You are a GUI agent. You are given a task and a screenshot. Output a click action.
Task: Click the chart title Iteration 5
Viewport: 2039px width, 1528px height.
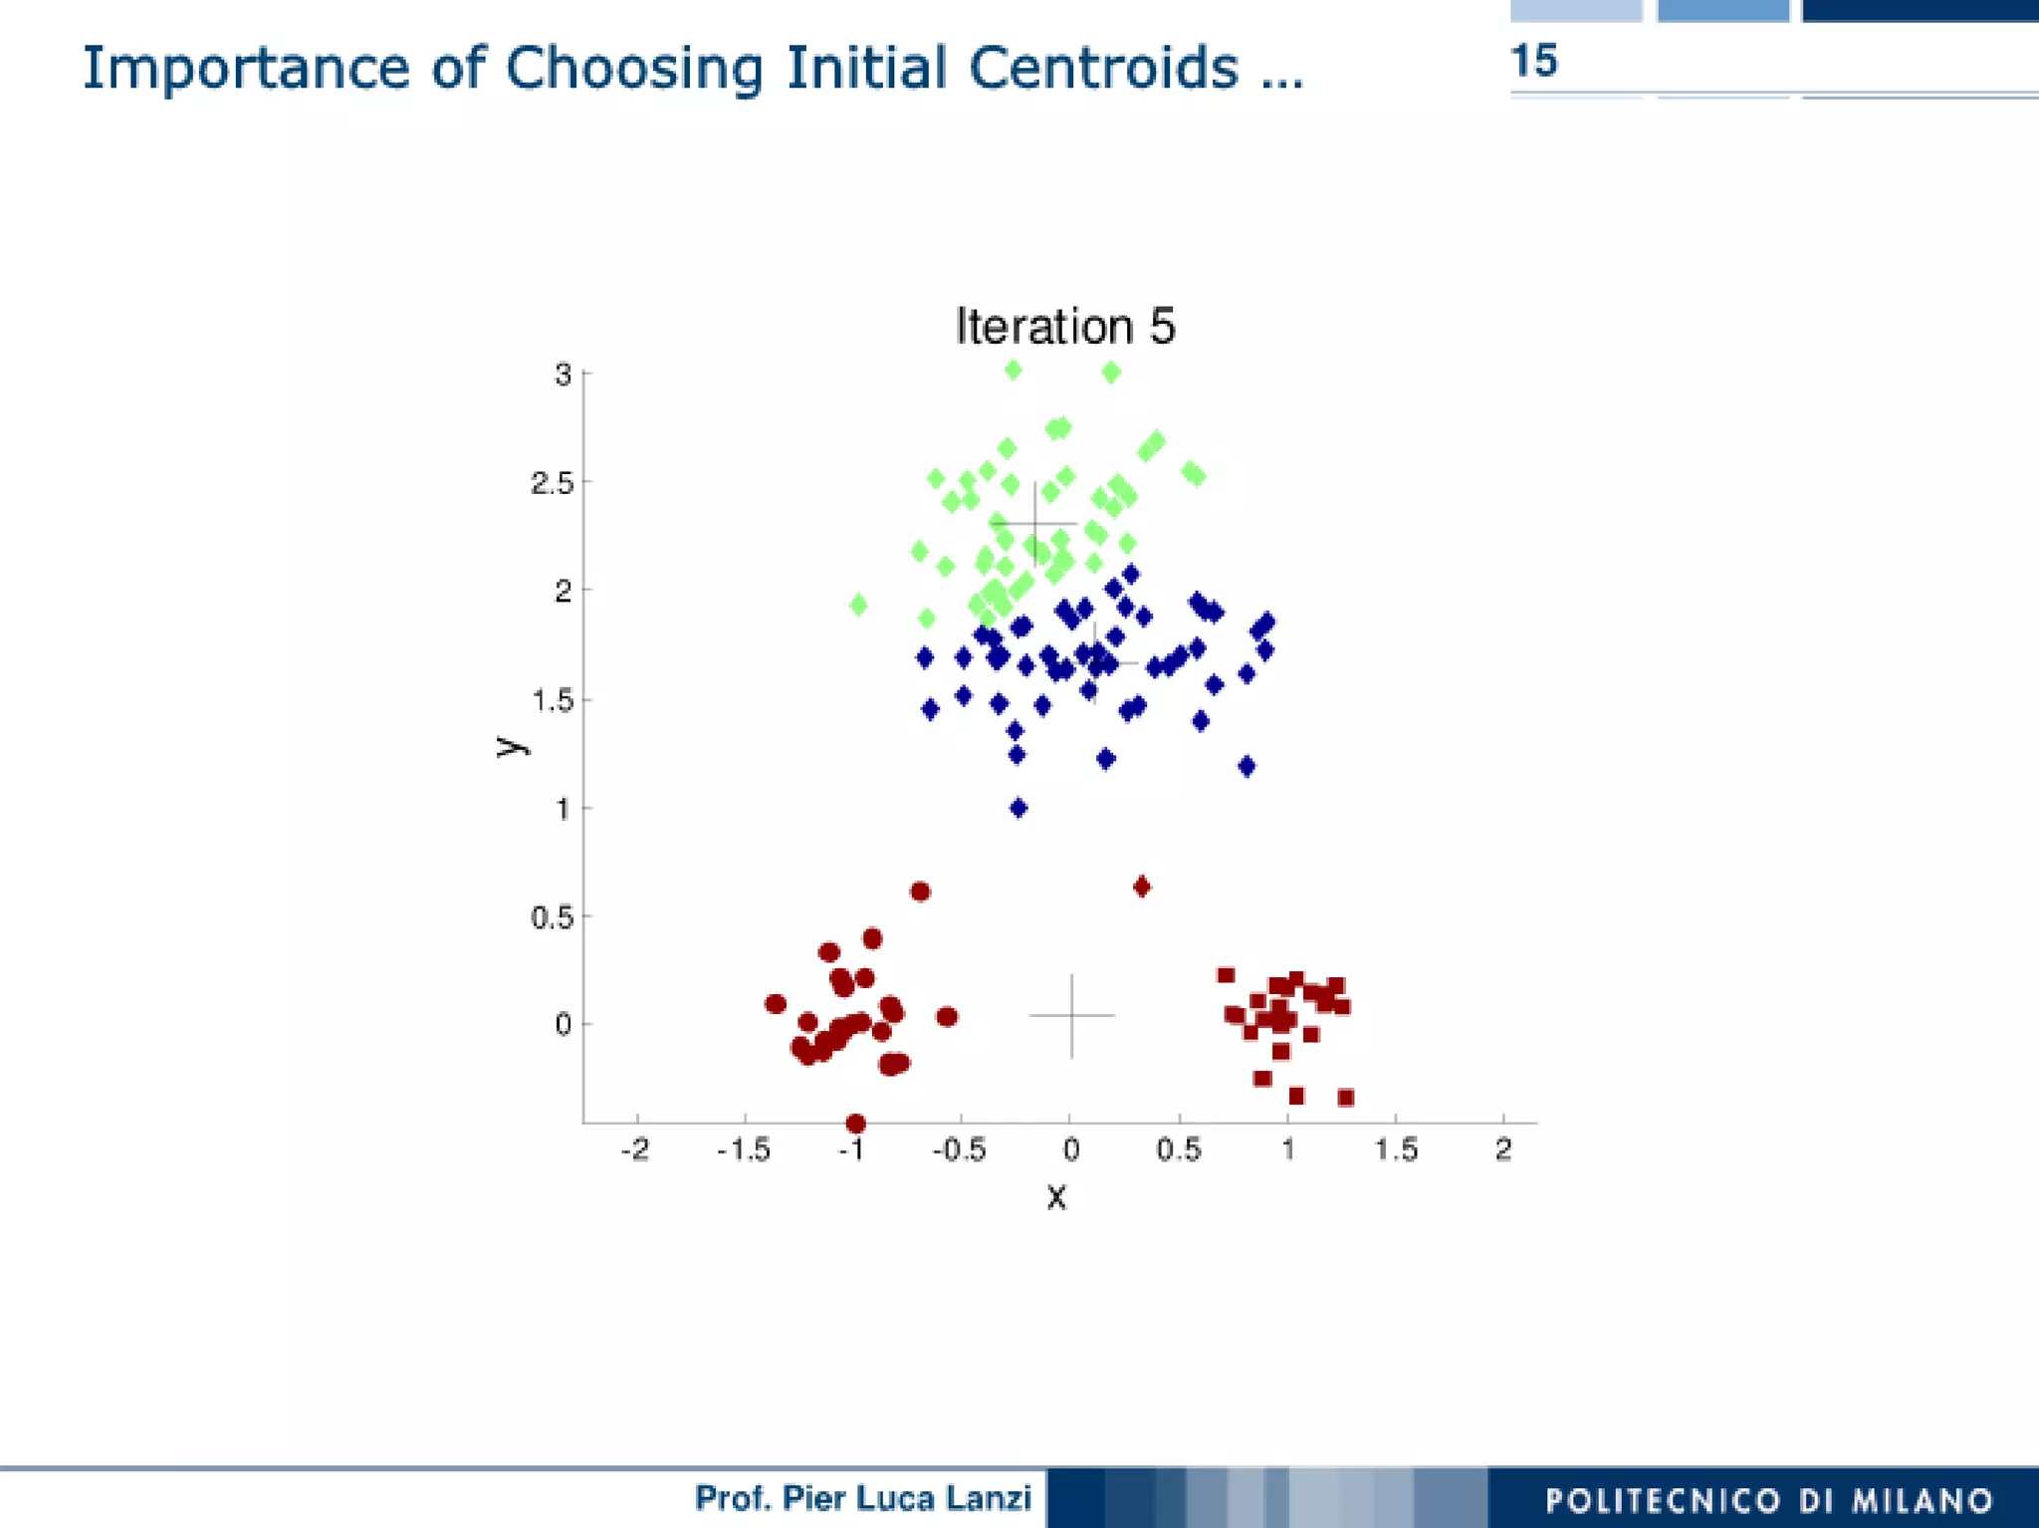point(1064,327)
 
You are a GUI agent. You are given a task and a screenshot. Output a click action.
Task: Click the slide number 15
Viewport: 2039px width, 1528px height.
point(1533,62)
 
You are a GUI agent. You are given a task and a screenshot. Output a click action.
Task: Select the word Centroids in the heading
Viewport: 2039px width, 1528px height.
point(1103,69)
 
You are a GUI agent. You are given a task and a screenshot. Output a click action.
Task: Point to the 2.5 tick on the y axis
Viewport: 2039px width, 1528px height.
point(553,483)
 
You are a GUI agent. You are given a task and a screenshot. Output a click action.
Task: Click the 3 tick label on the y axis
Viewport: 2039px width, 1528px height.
point(564,376)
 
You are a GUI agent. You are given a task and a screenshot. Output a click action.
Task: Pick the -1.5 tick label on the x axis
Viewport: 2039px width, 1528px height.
point(744,1150)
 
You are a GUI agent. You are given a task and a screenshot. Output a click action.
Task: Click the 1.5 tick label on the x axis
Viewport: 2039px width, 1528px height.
point(1395,1150)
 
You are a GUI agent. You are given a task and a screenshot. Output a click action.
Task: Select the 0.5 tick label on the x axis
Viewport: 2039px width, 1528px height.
point(1178,1150)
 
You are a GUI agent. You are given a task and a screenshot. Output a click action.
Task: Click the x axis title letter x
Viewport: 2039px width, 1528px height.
point(1056,1196)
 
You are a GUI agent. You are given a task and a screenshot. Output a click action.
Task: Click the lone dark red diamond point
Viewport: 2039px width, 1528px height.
point(1142,887)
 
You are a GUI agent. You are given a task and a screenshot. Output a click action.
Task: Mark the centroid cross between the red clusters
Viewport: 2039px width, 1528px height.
point(1071,1015)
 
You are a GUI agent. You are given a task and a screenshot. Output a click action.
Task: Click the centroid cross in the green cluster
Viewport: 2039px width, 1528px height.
point(1034,523)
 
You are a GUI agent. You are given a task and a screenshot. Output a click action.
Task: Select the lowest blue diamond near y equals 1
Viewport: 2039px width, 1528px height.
point(1018,808)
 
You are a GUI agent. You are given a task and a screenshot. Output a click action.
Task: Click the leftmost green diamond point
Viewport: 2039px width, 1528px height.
point(858,605)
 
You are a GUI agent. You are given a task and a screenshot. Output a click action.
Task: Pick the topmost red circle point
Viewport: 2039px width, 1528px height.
point(920,891)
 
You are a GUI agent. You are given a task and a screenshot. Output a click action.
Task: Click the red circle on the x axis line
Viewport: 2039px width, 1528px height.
point(855,1124)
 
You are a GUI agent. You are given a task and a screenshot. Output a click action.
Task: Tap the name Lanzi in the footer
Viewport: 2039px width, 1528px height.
point(989,1498)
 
